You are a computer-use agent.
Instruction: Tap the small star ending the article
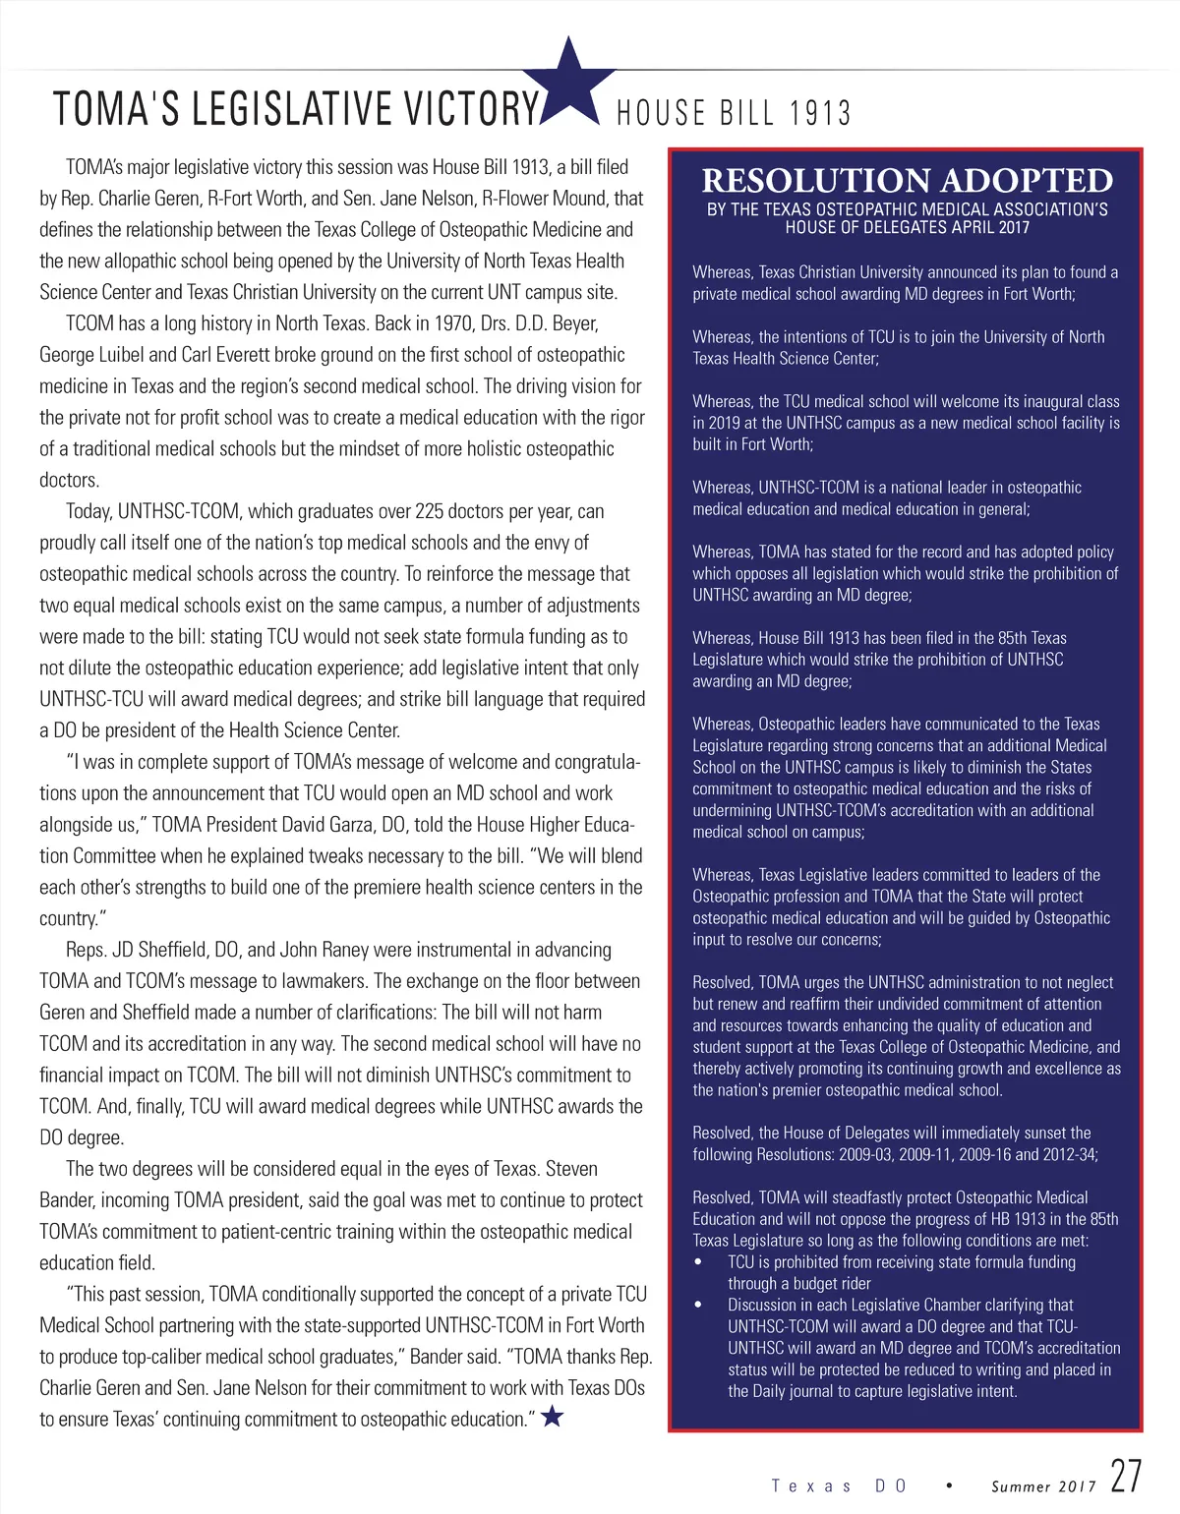pyautogui.click(x=553, y=1416)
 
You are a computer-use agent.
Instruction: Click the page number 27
pyautogui.click(x=1126, y=1477)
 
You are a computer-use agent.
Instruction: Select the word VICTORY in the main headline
pyautogui.click(x=472, y=109)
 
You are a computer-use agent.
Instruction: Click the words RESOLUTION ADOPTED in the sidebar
pyautogui.click(x=907, y=181)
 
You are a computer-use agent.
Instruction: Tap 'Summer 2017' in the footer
pyautogui.click(x=1043, y=1486)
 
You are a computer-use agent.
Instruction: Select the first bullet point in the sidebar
pyautogui.click(x=698, y=1262)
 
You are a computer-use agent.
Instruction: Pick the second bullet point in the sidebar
pyautogui.click(x=698, y=1306)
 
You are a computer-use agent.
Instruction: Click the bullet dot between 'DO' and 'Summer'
pyautogui.click(x=949, y=1485)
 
